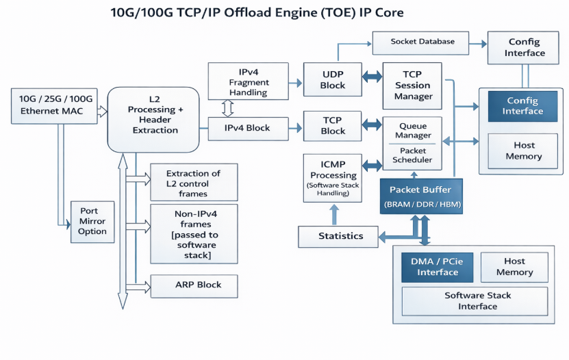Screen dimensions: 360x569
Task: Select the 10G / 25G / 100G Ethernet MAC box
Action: [56, 105]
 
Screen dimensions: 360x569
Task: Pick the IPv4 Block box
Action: [248, 128]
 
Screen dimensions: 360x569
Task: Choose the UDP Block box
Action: [333, 80]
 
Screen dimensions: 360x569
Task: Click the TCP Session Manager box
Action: [413, 86]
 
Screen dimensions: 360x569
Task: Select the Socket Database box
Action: [422, 42]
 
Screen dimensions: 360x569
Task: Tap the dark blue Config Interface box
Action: [522, 106]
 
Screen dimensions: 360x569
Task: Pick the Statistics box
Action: [340, 236]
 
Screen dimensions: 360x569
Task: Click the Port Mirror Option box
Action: [92, 221]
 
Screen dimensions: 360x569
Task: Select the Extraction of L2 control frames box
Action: [193, 182]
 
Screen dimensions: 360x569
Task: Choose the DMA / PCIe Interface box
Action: [438, 267]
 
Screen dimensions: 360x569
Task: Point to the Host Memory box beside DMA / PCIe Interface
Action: [514, 267]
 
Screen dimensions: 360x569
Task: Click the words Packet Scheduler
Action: [412, 155]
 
